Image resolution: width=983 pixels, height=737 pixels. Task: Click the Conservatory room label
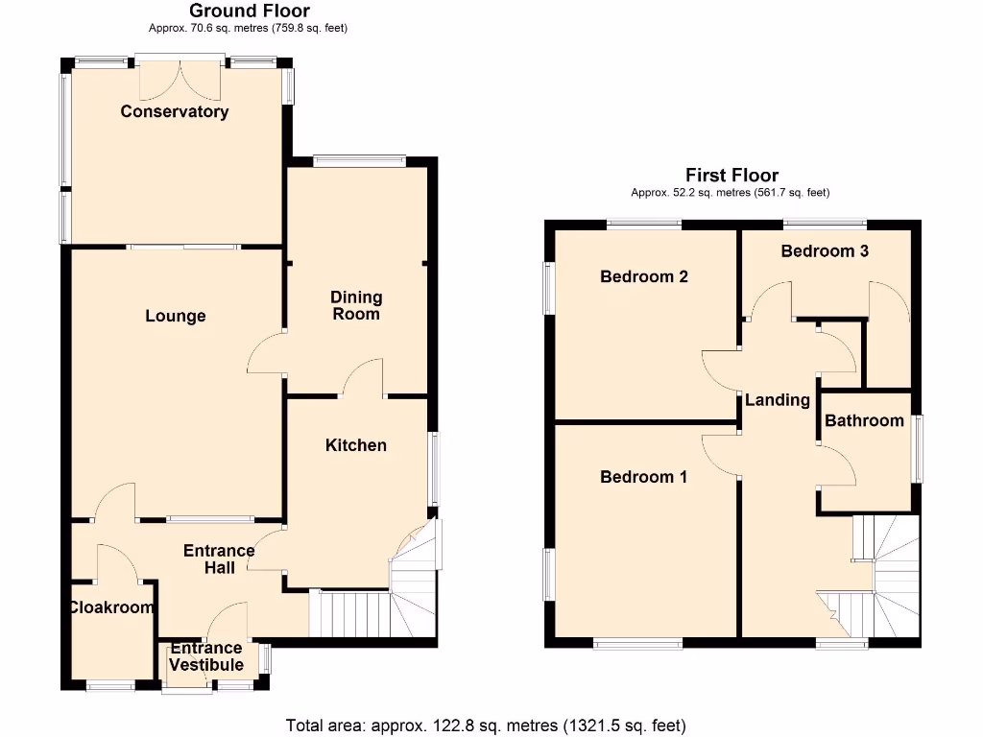(175, 111)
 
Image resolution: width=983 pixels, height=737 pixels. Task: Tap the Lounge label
(176, 316)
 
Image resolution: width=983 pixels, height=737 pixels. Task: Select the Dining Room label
(356, 305)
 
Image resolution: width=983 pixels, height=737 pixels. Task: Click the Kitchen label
(356, 445)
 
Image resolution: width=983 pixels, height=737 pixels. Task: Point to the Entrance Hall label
(219, 559)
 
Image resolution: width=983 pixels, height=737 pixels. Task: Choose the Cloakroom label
(111, 607)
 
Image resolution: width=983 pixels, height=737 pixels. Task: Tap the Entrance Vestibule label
(206, 657)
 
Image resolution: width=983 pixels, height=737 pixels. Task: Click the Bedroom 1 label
(643, 477)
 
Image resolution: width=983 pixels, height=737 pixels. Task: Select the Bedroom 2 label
(643, 276)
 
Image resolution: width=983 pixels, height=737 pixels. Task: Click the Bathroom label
(864, 420)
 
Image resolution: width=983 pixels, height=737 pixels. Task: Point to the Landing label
(778, 400)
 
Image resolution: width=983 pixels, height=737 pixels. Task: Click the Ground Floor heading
(249, 11)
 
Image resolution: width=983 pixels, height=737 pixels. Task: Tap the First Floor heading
(731, 175)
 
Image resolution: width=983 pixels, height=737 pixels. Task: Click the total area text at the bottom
(486, 725)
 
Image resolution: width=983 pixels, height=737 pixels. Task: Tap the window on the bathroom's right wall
(919, 449)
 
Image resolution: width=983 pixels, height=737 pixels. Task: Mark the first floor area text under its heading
(730, 193)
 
